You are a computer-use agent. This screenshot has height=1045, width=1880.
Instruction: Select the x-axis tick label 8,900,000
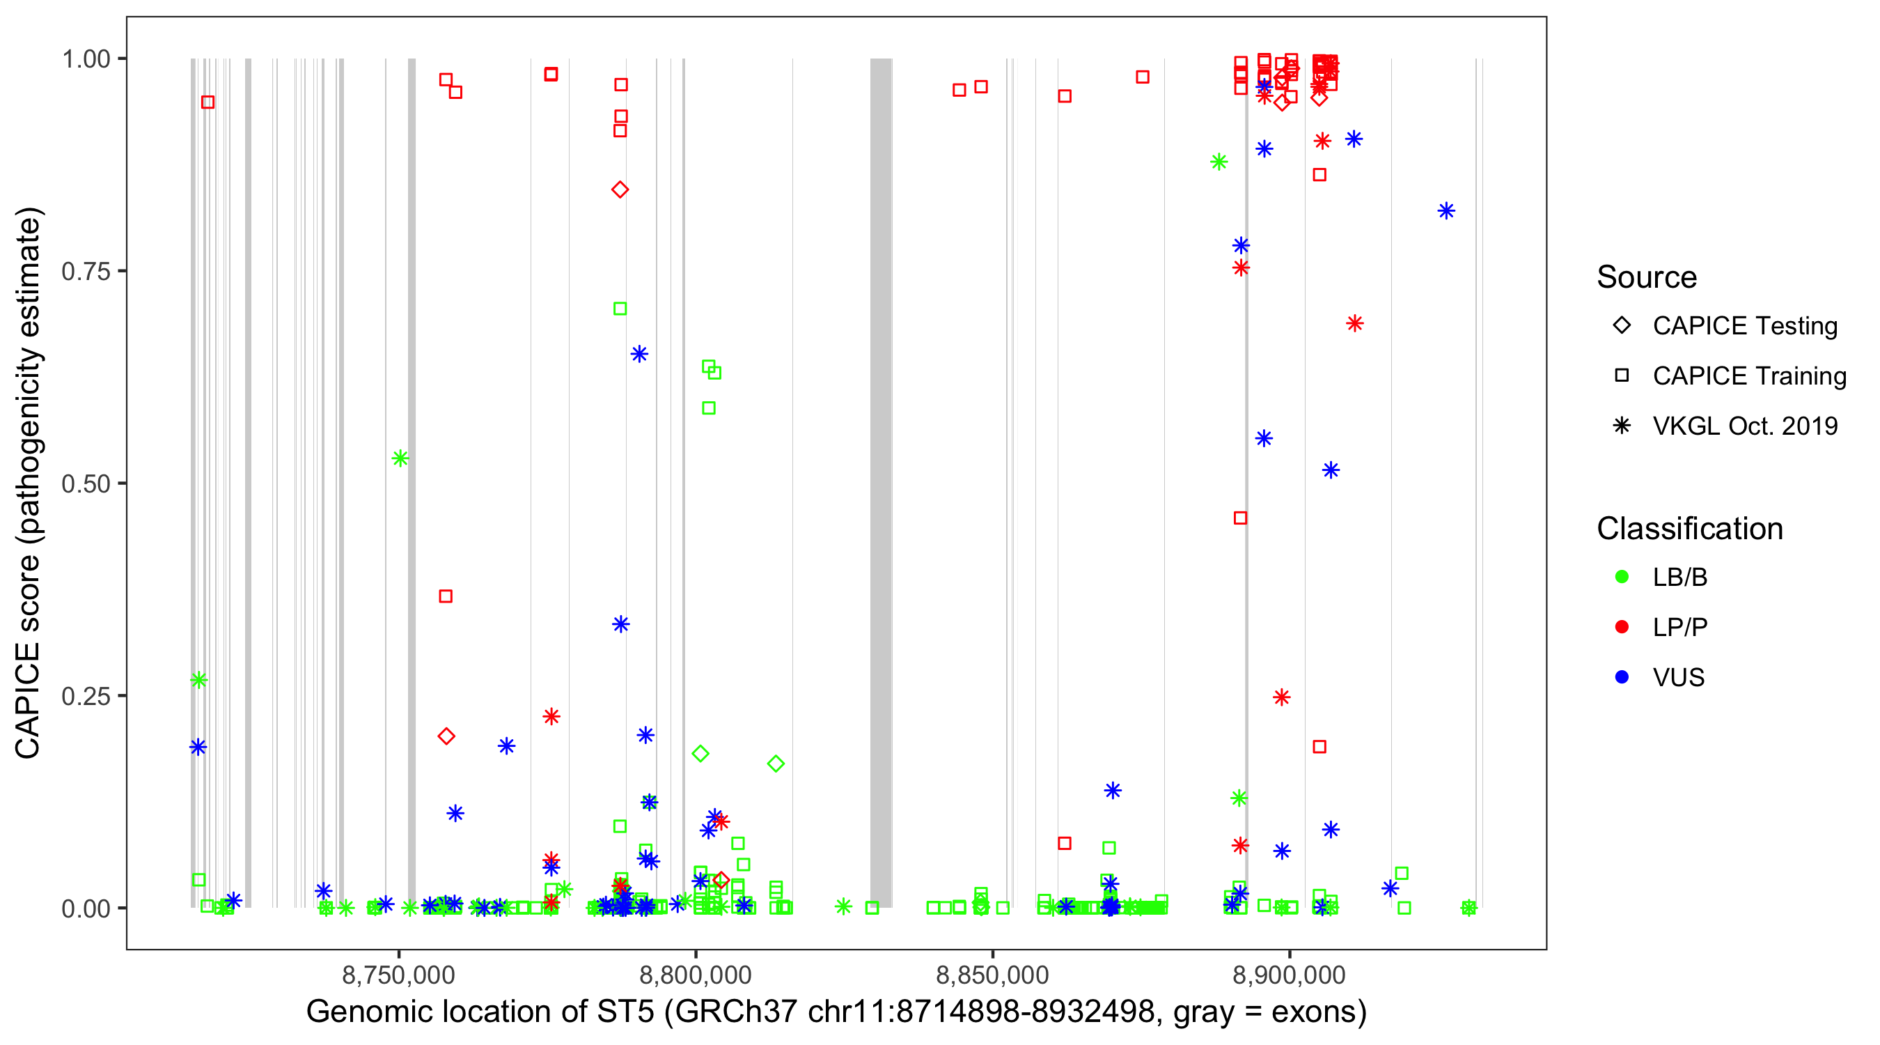coord(1289,975)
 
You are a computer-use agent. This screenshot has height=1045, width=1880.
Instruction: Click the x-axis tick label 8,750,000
coord(398,975)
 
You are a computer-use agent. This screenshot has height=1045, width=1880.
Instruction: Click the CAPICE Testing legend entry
coord(1744,326)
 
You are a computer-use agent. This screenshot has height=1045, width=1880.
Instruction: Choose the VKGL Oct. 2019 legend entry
coord(1744,426)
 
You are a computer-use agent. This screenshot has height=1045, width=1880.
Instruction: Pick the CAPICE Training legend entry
coord(1748,376)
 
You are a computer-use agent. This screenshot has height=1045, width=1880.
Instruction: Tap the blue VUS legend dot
coord(1622,677)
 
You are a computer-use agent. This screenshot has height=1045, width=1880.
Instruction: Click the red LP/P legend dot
coord(1622,627)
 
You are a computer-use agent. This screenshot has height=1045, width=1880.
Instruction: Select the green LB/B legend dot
coord(1622,577)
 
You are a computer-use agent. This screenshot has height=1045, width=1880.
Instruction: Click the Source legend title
coord(1647,277)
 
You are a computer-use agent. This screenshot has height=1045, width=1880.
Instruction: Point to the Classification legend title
coord(1689,529)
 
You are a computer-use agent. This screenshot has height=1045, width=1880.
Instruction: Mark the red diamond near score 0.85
coord(620,190)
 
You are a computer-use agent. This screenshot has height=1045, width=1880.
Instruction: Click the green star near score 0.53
coord(400,458)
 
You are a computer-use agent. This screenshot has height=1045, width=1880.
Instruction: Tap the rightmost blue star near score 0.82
coord(1446,211)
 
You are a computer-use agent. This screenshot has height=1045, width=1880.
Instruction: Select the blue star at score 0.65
coord(639,354)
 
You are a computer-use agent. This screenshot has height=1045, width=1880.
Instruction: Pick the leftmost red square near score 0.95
coord(208,102)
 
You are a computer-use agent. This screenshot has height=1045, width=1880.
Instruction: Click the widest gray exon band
coord(881,482)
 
